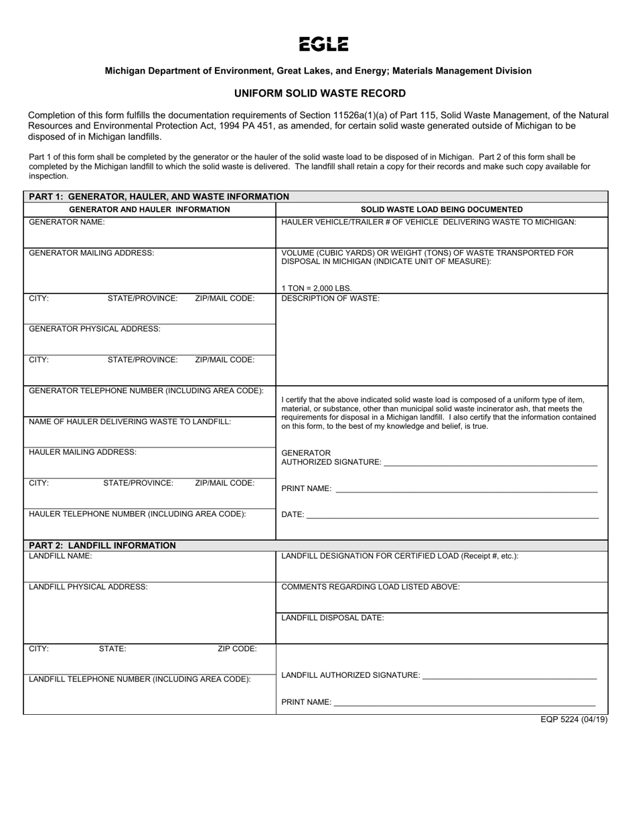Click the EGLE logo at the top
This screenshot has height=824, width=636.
[323, 44]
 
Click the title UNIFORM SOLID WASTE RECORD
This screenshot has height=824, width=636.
[319, 94]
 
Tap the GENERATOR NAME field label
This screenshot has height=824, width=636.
[67, 222]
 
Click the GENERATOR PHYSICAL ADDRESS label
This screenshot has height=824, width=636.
[94, 329]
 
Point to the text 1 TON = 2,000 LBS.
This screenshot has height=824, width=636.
[317, 288]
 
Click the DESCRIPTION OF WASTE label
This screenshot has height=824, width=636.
[330, 298]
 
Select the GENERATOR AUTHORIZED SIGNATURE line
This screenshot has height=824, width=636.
[490, 462]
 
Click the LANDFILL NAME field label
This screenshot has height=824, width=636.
[60, 556]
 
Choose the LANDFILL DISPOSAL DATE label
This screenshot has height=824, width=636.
[333, 618]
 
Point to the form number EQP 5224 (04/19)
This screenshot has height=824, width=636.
[574, 720]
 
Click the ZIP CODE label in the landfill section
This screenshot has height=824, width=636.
[237, 648]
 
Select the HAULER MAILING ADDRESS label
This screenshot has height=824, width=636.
[82, 452]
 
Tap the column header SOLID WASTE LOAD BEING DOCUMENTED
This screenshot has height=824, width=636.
[442, 210]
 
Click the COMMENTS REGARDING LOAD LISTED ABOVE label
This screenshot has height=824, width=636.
[370, 587]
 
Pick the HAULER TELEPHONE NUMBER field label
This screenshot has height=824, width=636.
[137, 514]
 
